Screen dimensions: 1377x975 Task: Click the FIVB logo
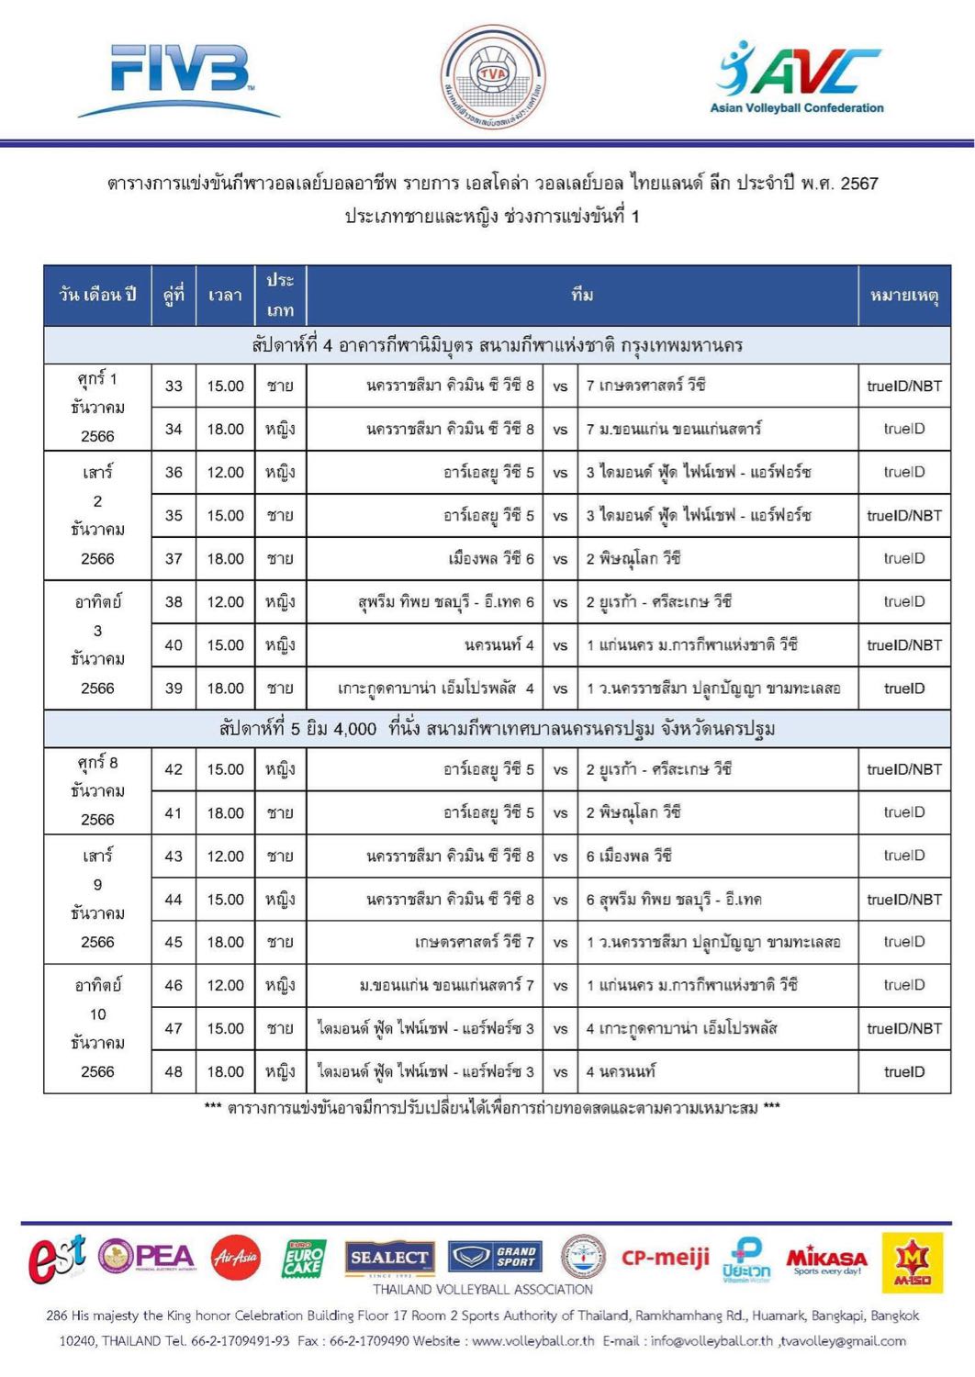pyautogui.click(x=179, y=81)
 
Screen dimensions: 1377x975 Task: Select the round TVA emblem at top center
pyautogui.click(x=493, y=76)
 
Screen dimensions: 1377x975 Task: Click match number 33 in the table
pyautogui.click(x=174, y=386)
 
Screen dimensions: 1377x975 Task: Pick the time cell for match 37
pyautogui.click(x=225, y=558)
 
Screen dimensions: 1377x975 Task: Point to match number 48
pyautogui.click(x=174, y=1071)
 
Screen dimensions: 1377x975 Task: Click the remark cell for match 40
pyautogui.click(x=903, y=645)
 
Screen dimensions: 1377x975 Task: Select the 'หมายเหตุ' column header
pyautogui.click(x=903, y=295)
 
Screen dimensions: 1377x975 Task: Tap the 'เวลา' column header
pyautogui.click(x=225, y=295)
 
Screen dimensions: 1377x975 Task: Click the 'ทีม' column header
pyautogui.click(x=582, y=295)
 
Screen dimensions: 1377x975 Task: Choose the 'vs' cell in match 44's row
pyautogui.click(x=560, y=900)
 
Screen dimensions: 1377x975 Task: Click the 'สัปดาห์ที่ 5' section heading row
pyautogui.click(x=497, y=729)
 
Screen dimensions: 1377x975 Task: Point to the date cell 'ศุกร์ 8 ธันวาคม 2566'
pyautogui.click(x=97, y=790)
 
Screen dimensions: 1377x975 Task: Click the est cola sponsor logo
pyautogui.click(x=57, y=1258)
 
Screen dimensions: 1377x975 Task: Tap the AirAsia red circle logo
pyautogui.click(x=236, y=1258)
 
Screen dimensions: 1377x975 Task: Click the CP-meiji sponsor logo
pyautogui.click(x=666, y=1257)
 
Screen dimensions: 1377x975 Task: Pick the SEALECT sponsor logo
pyautogui.click(x=388, y=1258)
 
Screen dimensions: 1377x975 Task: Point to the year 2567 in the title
pyautogui.click(x=859, y=183)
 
